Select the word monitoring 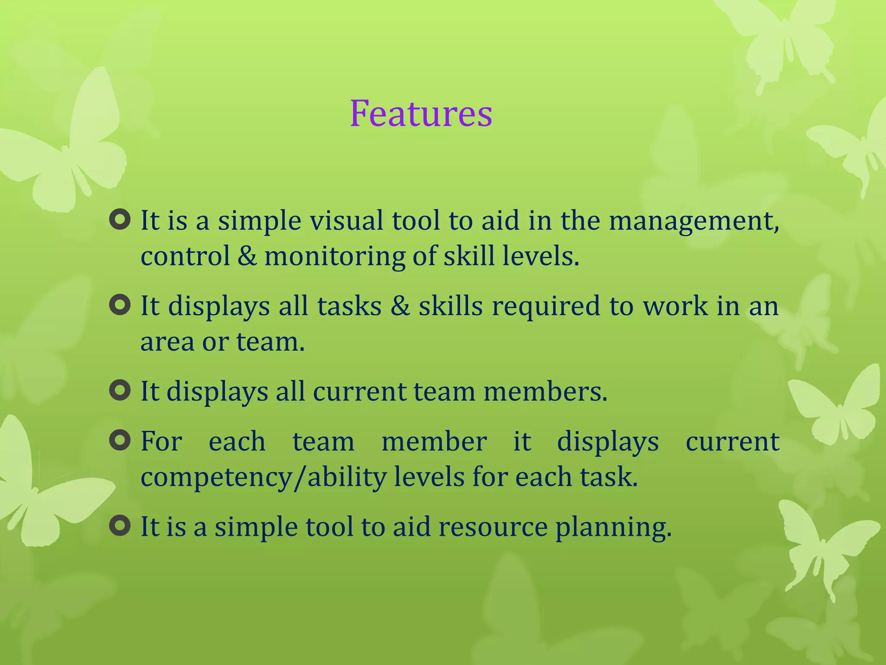point(334,256)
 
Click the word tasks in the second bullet point(349,306)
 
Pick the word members point(545,391)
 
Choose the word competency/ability point(263,478)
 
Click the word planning point(613,528)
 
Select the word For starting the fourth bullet point(161,442)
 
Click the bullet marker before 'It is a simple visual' point(120,220)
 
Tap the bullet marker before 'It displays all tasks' point(120,305)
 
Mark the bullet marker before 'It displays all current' point(120,391)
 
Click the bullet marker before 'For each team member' point(120,441)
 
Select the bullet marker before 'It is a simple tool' point(120,526)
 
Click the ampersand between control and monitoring point(247,256)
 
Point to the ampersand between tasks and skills point(400,306)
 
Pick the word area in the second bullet point(167,342)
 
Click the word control point(185,256)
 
